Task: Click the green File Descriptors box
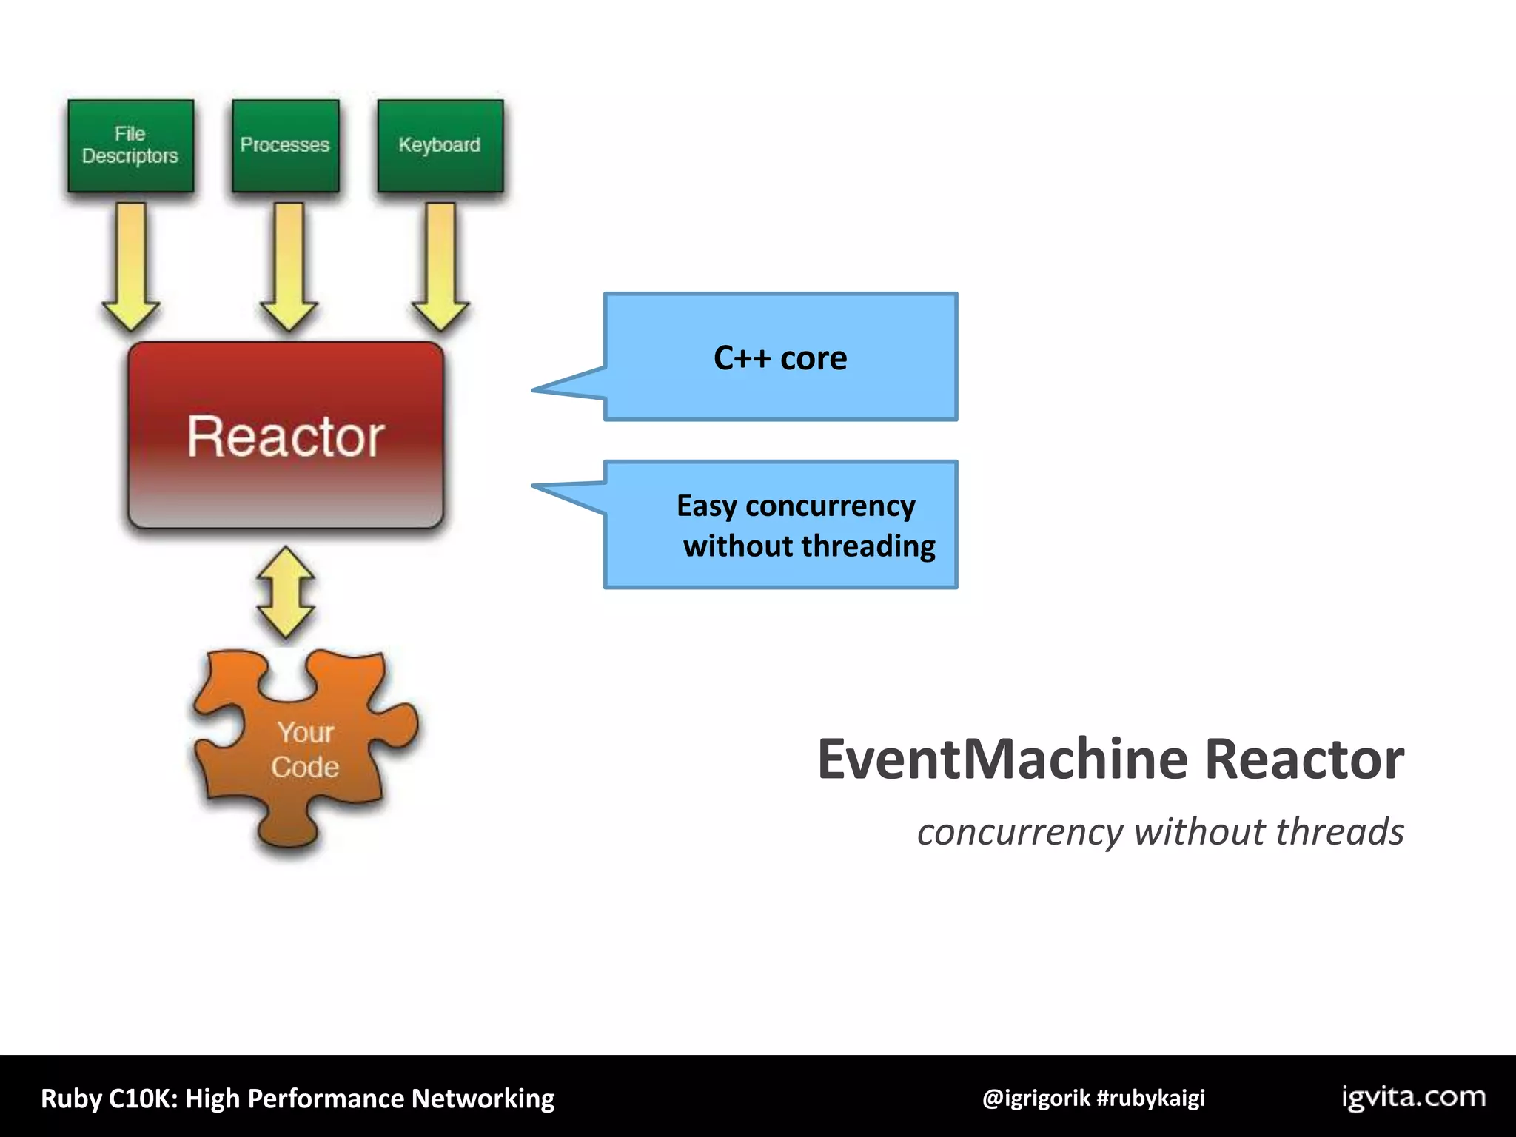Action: pos(130,146)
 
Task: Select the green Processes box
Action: pos(285,146)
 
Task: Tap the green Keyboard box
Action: pos(440,146)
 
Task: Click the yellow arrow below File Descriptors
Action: pos(131,266)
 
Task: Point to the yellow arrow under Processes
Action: pos(289,266)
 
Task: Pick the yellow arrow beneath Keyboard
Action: pos(440,266)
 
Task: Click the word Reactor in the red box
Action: pos(285,437)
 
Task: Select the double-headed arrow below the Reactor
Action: pos(286,593)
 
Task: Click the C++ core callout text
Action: pos(780,358)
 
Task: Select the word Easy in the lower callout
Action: pos(706,506)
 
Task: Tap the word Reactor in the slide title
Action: pos(1304,759)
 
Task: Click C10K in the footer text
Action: pos(142,1099)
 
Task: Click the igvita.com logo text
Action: pos(1413,1097)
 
